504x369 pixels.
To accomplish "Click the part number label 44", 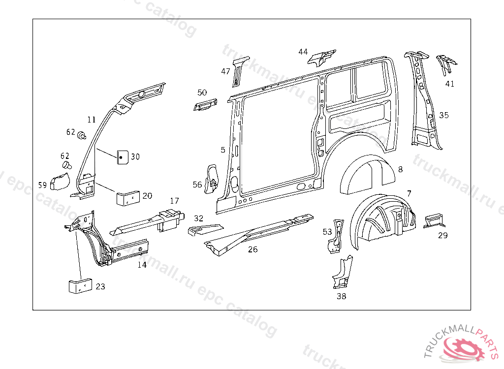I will point(303,52).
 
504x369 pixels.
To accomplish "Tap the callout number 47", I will point(225,71).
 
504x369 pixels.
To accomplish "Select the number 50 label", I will point(202,92).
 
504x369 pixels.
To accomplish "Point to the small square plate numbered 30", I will point(122,157).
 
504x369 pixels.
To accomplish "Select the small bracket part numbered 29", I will point(435,219).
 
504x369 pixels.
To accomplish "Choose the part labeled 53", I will point(337,236).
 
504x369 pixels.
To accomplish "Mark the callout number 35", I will point(444,115).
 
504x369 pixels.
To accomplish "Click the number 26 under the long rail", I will point(252,249).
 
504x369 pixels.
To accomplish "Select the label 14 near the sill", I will point(142,265).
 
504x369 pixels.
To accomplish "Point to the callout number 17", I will point(175,201).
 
